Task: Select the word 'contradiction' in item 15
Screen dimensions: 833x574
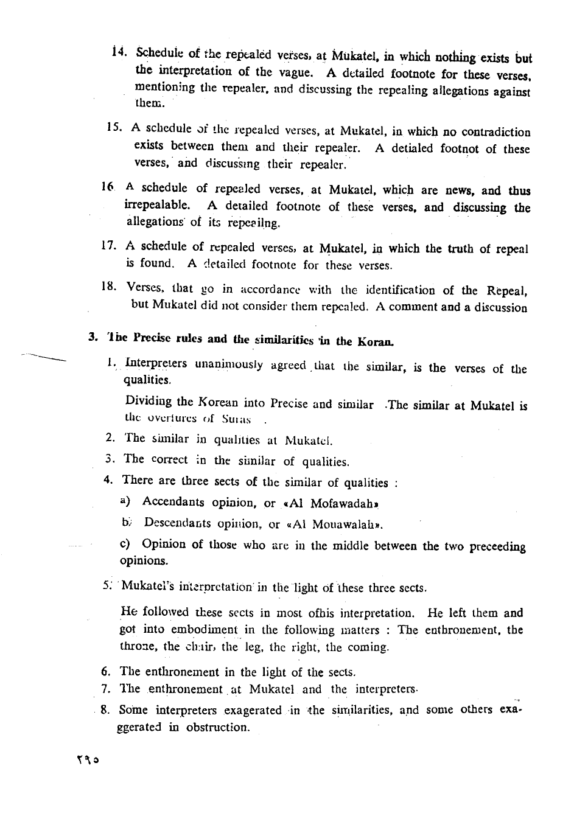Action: tap(496, 131)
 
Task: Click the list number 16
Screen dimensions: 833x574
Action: tap(108, 189)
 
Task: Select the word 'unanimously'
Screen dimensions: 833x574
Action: tap(229, 364)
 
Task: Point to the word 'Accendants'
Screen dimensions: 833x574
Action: tap(173, 503)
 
